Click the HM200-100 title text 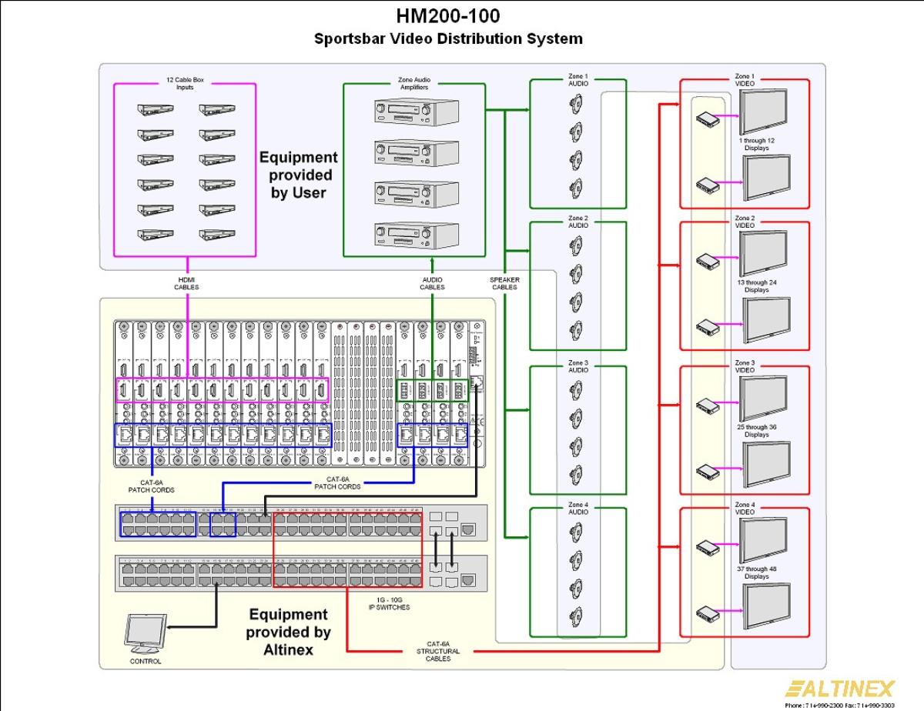[447, 16]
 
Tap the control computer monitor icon [146, 633]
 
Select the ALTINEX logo [840, 688]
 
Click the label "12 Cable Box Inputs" [185, 83]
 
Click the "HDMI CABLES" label [186, 283]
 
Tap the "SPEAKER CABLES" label [504, 283]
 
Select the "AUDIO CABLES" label [431, 283]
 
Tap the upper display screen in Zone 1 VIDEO [763, 112]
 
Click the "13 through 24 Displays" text [756, 286]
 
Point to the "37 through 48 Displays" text [756, 572]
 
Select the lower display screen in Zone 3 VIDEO [765, 462]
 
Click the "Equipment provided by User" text [298, 175]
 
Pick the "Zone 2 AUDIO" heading [578, 222]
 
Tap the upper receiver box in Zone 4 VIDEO [707, 547]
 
